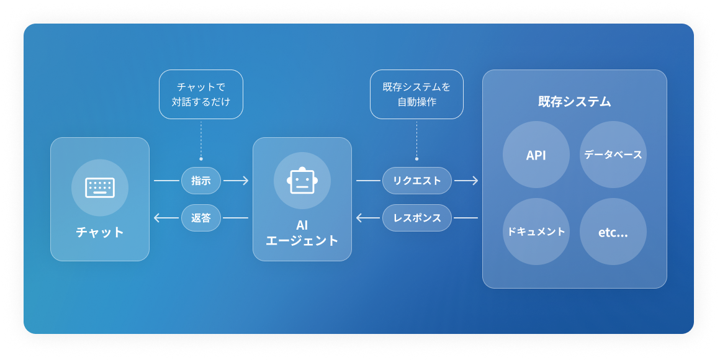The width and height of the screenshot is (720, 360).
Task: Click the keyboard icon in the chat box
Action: pos(100,187)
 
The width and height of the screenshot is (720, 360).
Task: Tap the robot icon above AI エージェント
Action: pos(302,181)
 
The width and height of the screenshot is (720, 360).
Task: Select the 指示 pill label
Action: pos(201,181)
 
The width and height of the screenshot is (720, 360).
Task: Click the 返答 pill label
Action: pos(201,218)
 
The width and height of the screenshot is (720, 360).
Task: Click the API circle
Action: pos(536,155)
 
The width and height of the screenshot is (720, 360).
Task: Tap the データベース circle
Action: pos(613,155)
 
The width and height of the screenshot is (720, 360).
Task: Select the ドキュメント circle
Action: pos(536,232)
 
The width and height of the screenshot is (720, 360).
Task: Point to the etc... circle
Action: pos(613,232)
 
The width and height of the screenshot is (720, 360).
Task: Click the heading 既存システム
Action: pos(574,102)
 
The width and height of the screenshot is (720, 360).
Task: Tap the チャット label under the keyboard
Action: pos(100,232)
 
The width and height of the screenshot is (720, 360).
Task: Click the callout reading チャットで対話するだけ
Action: pos(201,94)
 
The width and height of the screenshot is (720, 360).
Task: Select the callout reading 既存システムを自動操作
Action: pos(416,94)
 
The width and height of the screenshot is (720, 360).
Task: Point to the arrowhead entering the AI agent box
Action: pos(246,181)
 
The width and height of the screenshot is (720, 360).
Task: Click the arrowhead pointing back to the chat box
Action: pos(156,218)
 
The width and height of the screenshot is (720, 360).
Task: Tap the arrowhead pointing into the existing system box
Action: pos(475,181)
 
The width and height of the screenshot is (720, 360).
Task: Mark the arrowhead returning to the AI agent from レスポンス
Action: pos(359,218)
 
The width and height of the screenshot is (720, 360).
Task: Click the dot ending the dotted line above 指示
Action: pos(201,159)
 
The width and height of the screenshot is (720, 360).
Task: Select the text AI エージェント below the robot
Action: pos(302,233)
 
